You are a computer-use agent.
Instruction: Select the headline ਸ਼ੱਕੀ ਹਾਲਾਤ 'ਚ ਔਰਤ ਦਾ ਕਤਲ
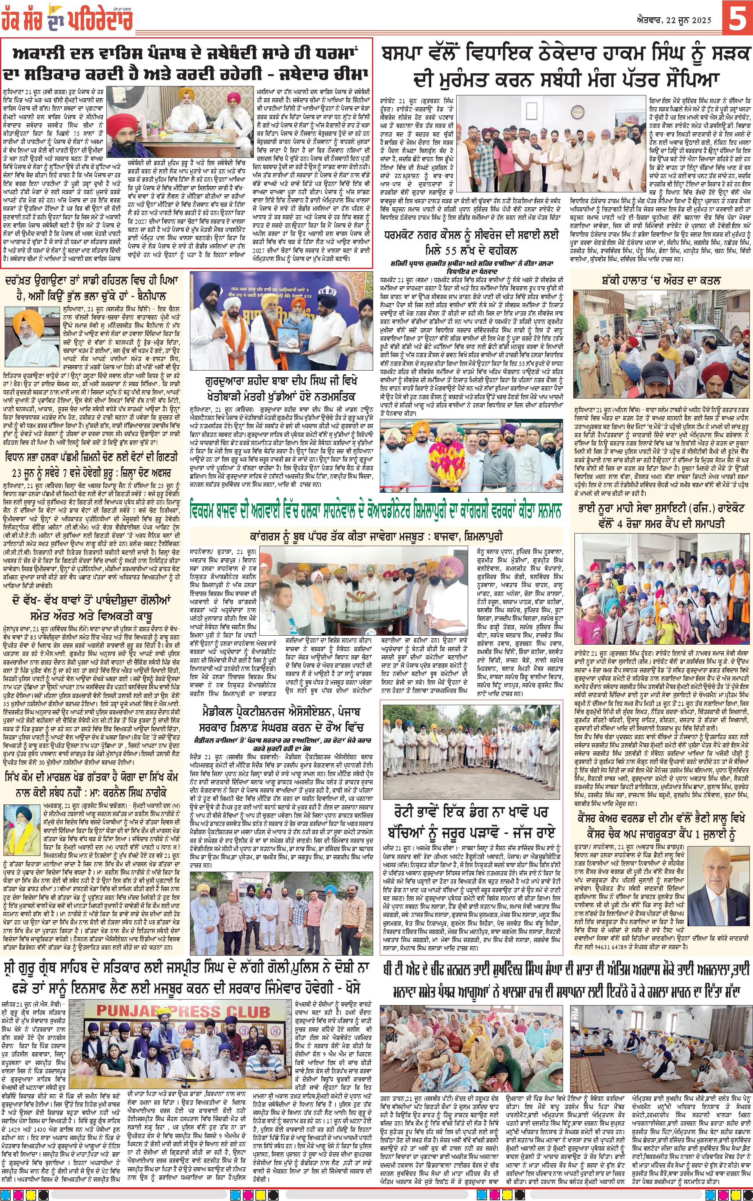(663, 280)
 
